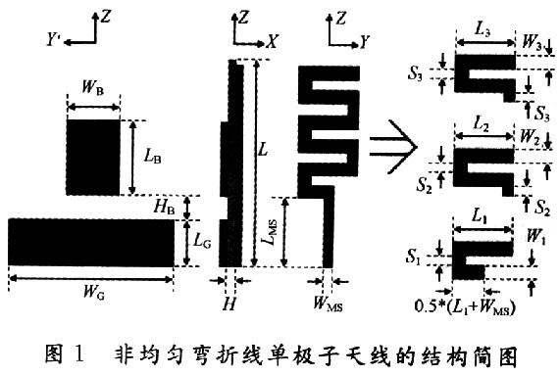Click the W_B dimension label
click(93, 88)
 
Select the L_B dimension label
click(153, 156)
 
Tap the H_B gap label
click(165, 207)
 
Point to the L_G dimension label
click(202, 242)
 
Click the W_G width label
click(94, 292)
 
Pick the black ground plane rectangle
click(91, 242)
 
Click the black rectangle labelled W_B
click(93, 158)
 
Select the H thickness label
click(229, 304)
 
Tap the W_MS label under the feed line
click(328, 304)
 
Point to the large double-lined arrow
click(393, 147)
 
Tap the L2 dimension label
click(482, 124)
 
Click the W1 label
click(536, 236)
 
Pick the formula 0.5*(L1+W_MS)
click(465, 306)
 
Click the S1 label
click(413, 257)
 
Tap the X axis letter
click(272, 42)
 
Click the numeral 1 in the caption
click(78, 353)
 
